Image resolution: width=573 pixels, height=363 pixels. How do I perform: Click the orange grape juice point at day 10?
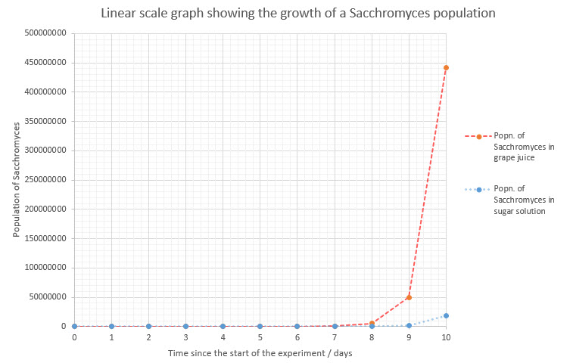pos(446,67)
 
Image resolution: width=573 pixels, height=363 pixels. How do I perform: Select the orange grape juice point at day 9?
pos(409,297)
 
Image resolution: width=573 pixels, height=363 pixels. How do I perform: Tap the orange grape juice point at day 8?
pos(372,323)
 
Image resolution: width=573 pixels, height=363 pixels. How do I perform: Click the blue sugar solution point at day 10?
pos(446,315)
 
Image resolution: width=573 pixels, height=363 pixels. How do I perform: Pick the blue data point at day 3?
pos(185,326)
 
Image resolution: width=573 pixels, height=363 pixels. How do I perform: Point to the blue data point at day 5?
pos(260,326)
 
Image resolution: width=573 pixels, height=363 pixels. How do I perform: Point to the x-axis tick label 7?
pos(335,338)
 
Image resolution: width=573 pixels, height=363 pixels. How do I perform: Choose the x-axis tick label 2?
pos(148,338)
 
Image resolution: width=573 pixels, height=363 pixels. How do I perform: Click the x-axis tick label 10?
pos(446,338)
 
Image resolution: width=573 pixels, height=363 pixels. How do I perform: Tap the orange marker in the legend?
pos(479,136)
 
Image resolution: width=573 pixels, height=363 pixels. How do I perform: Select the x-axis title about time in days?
pos(260,354)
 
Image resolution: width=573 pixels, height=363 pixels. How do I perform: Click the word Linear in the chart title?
pos(120,14)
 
